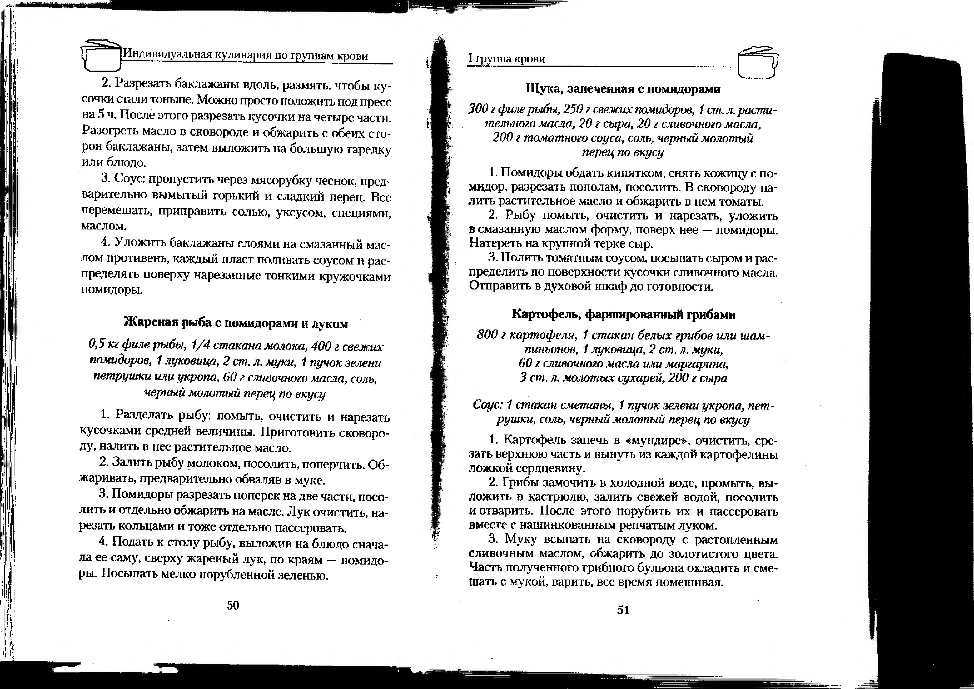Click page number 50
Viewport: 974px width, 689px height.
point(233,605)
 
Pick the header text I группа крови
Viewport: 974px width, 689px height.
point(506,59)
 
